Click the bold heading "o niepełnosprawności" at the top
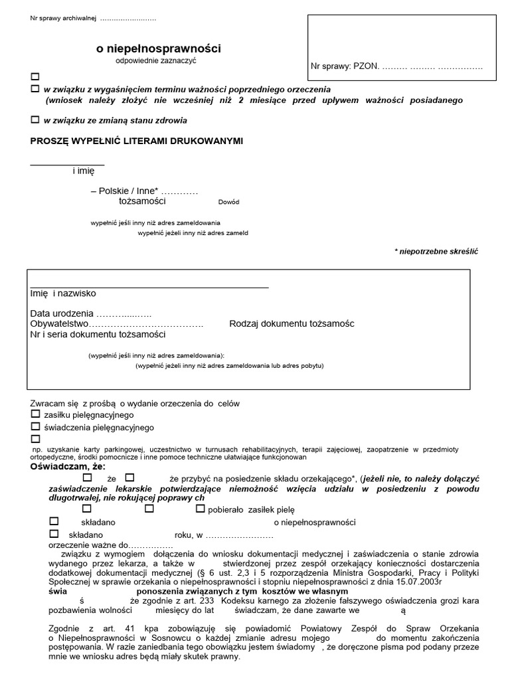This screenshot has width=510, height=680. pos(159,48)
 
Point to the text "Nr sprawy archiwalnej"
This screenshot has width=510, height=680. pos(63,18)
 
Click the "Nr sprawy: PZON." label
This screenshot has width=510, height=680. pos(345,66)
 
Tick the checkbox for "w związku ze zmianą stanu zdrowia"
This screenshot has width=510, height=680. pos(35,120)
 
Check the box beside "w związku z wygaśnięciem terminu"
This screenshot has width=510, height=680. pos(35,88)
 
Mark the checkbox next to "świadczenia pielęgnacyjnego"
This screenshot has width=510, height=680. pos(35,427)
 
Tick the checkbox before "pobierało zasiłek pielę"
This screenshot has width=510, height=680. pos(201,509)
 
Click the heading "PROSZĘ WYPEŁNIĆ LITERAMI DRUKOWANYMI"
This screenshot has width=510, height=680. pos(137,141)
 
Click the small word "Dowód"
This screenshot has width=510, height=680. pos(228,202)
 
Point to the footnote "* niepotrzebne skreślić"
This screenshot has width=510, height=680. pos(436,252)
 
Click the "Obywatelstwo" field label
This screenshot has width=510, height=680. pos(60,323)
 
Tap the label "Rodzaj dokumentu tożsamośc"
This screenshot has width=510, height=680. pos(292,323)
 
